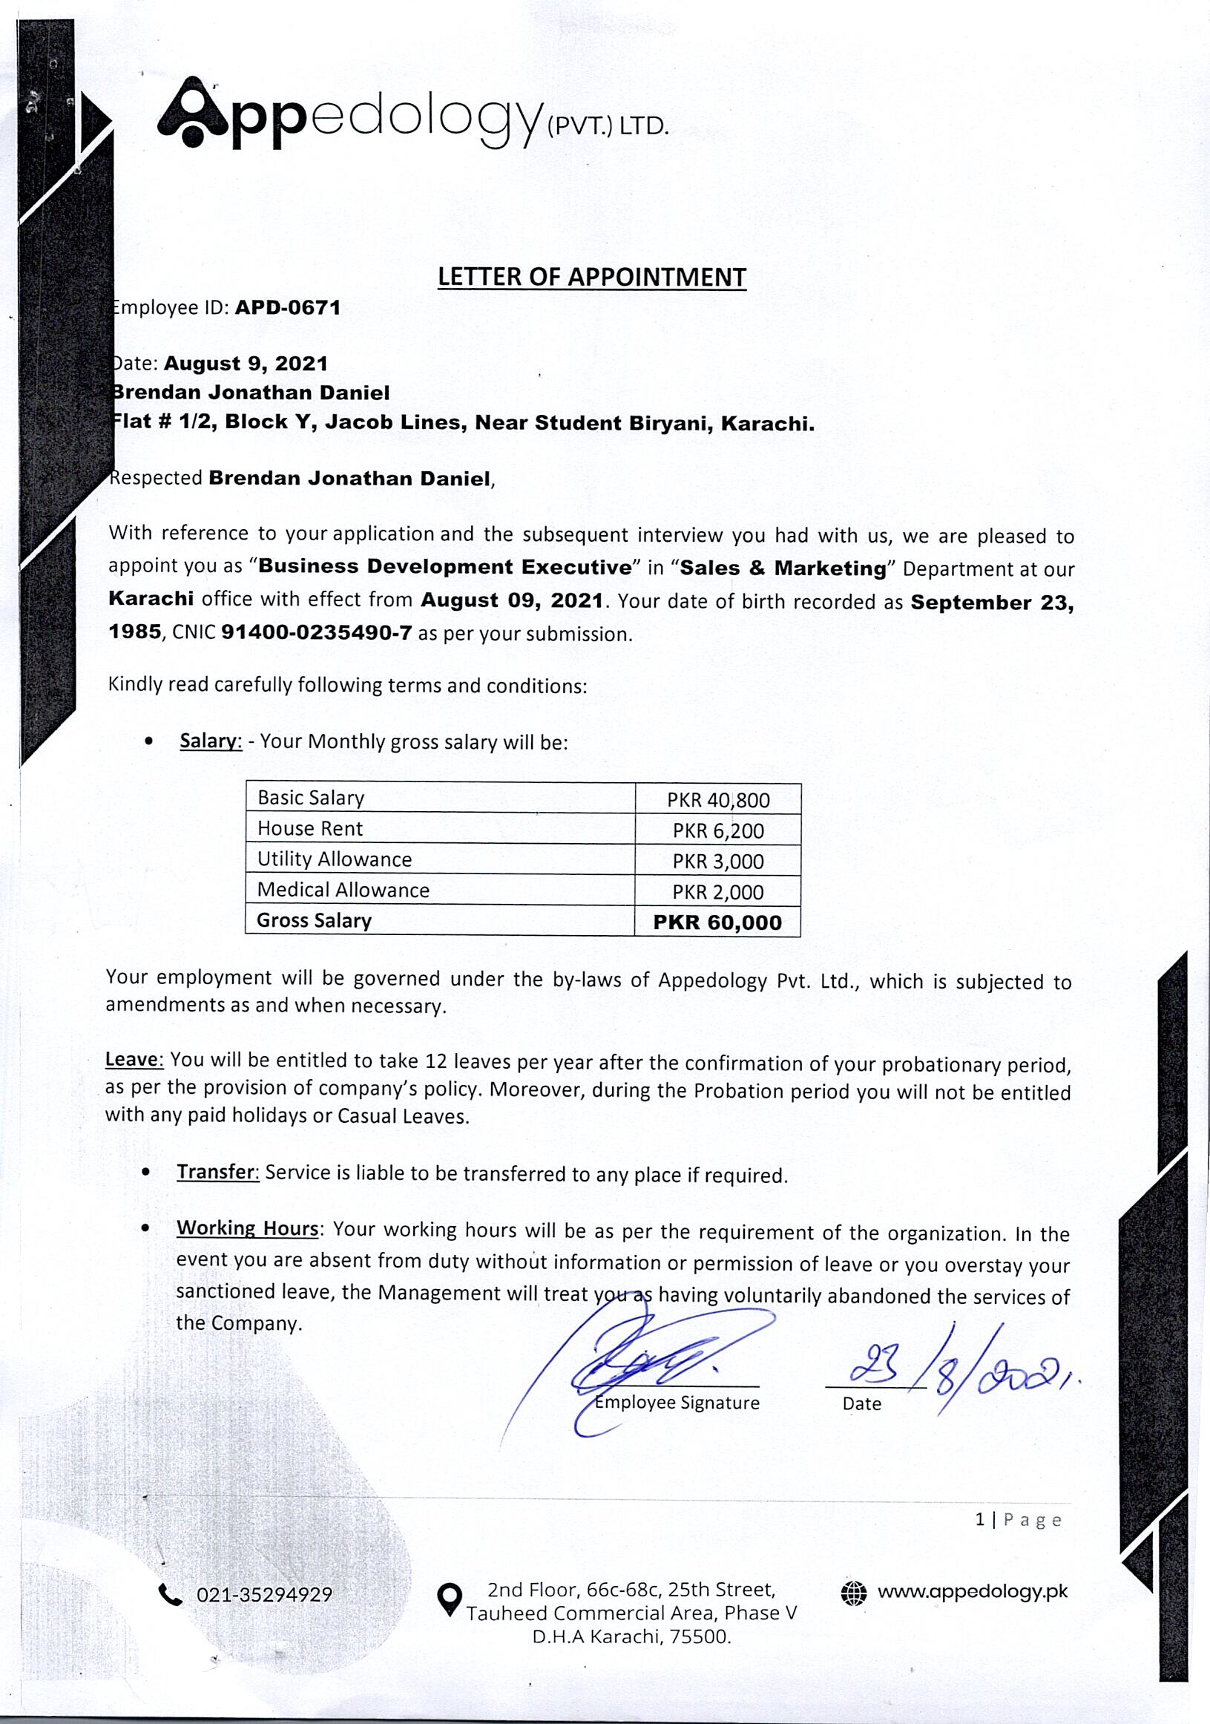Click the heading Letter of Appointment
(591, 277)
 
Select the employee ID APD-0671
(288, 308)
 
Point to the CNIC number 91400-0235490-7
(316, 632)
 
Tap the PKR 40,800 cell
(717, 800)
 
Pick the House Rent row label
(310, 828)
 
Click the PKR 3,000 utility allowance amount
(717, 861)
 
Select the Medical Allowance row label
(343, 890)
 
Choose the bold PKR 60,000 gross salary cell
(717, 922)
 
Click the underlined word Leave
(134, 1060)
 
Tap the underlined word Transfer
(217, 1172)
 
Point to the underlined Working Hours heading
(248, 1228)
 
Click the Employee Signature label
(677, 1403)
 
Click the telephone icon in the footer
(171, 1594)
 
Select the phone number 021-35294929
(264, 1595)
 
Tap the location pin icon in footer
(449, 1599)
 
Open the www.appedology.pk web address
(972, 1591)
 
